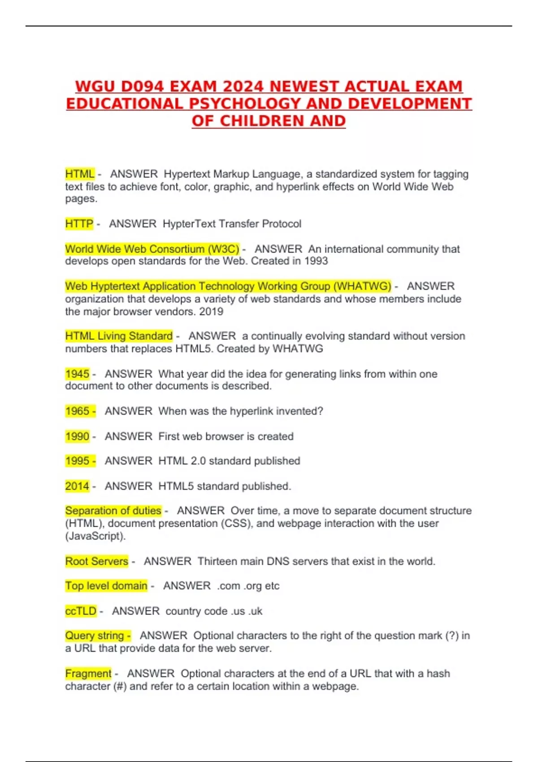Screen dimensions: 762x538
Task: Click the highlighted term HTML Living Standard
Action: click(119, 336)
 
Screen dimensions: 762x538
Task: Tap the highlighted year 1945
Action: click(78, 374)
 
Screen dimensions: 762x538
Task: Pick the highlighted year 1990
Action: click(78, 436)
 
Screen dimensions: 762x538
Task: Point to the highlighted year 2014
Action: click(78, 486)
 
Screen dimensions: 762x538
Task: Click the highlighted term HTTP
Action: click(79, 224)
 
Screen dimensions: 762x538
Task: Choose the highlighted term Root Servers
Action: click(97, 561)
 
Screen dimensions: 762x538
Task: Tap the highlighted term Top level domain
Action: click(106, 586)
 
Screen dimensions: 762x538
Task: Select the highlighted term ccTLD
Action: click(81, 611)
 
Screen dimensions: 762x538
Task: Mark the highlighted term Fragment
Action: click(88, 674)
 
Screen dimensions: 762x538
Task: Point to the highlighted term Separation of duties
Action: click(113, 511)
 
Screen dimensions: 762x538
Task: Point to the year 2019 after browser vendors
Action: click(211, 312)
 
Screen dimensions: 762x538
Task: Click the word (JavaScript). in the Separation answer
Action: click(95, 536)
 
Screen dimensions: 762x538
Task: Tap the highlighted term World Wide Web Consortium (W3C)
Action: click(152, 249)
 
